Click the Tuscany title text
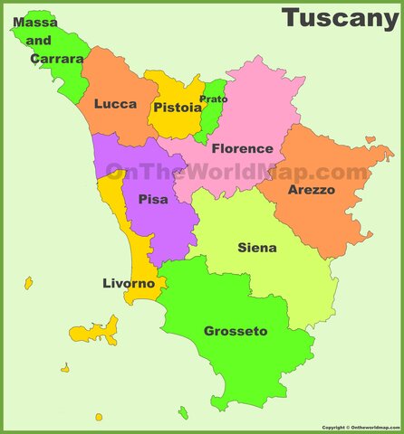[339, 18]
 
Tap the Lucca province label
[115, 104]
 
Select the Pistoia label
[177, 108]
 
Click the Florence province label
[242, 148]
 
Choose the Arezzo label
[312, 190]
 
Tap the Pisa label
[153, 199]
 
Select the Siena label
[257, 248]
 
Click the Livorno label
[129, 284]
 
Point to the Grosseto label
[236, 332]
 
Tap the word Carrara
[56, 59]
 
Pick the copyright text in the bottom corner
[361, 428]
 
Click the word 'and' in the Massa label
[39, 41]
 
